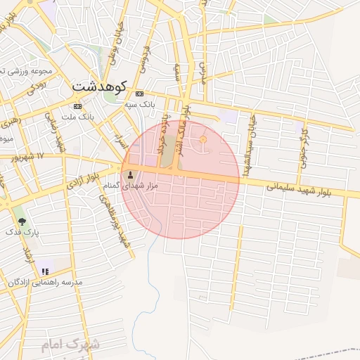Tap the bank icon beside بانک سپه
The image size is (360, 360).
[139, 94]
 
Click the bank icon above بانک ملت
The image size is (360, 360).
[77, 105]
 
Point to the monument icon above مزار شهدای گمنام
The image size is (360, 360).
[129, 174]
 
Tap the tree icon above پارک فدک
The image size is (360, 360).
[22, 221]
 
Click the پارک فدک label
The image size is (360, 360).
[22, 231]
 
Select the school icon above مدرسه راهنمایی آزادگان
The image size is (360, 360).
[46, 271]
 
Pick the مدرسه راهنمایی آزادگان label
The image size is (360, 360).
[45, 281]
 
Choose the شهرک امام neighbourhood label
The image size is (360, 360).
[70, 344]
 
